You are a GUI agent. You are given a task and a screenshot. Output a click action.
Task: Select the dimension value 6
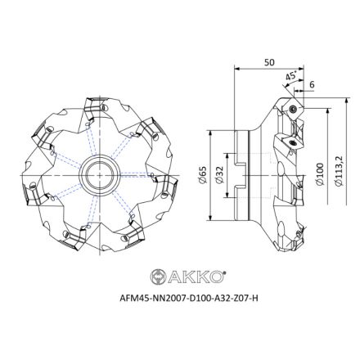(313, 84)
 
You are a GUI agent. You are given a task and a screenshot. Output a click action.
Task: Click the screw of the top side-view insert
(291, 110)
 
